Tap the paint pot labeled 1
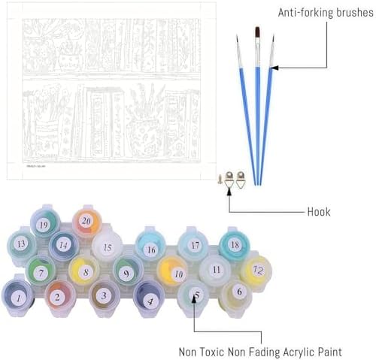(17, 297)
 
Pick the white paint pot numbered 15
(107, 247)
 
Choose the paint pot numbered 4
(149, 299)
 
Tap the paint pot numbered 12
(256, 271)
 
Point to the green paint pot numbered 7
(41, 271)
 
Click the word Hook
(319, 212)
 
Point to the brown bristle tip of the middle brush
(257, 32)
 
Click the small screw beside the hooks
(220, 179)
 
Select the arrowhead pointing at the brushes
(274, 68)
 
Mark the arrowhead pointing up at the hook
(229, 192)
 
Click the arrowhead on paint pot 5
(194, 299)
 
